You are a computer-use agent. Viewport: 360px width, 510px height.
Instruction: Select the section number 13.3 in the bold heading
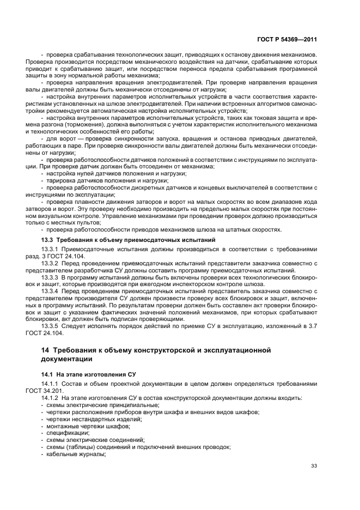click(x=47, y=240)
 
